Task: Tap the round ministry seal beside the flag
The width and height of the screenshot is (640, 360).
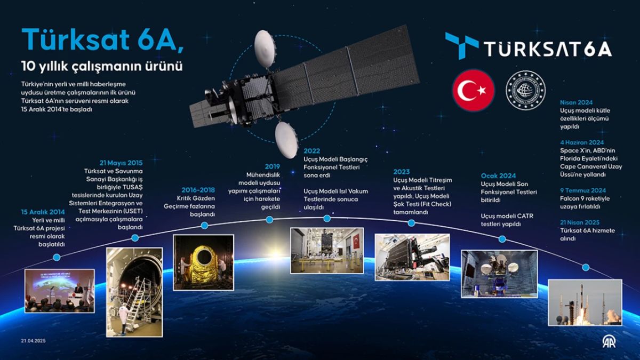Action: (525, 90)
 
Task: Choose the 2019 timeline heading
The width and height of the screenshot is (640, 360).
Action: (272, 166)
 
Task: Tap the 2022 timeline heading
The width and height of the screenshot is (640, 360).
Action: (311, 151)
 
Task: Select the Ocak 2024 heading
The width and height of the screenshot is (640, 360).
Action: (499, 175)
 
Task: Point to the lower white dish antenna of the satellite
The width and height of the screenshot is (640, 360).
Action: (287, 139)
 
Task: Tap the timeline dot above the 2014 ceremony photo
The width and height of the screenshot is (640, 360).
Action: (57, 257)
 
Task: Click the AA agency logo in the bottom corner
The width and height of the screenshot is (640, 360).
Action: (609, 341)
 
